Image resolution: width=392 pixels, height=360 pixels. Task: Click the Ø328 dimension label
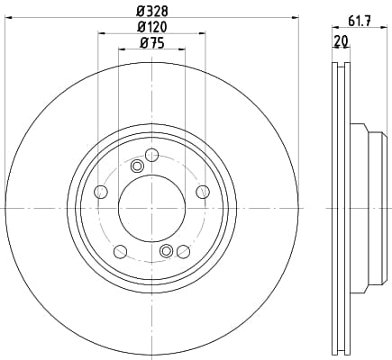pos(152,12)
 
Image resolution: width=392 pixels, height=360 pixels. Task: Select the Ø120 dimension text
pos(152,27)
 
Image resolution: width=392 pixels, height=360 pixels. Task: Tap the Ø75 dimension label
pos(152,43)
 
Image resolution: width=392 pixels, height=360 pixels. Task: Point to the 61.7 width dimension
pos(360,21)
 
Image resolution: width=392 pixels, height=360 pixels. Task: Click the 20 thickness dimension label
pos(341,40)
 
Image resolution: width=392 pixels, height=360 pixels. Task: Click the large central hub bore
pos(152,208)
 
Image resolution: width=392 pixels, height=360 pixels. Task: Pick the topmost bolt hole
pos(151,155)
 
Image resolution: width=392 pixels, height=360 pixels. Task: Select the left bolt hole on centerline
pos(101,192)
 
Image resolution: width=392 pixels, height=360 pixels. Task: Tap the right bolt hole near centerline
pos(203,192)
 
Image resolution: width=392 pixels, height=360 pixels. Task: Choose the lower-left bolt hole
pos(121,251)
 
